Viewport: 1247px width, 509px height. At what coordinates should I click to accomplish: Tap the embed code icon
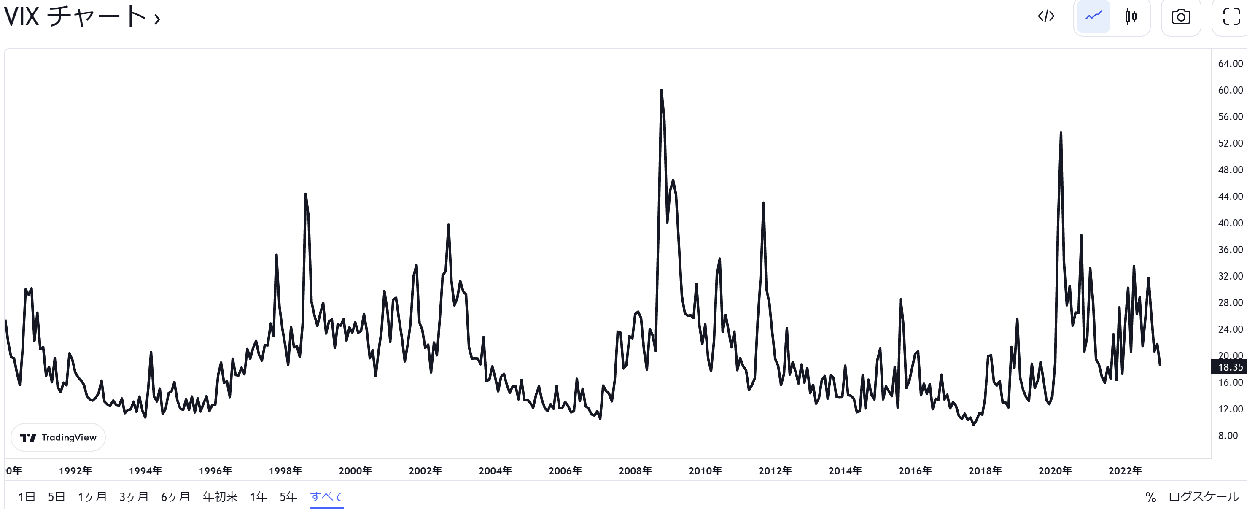tap(1046, 16)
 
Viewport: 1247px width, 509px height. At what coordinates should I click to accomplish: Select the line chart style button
tap(1093, 16)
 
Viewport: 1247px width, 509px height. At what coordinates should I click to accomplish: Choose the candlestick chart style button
tap(1131, 16)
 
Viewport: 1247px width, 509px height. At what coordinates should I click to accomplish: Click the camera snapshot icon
tap(1181, 17)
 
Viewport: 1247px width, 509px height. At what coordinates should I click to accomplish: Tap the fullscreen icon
tap(1231, 17)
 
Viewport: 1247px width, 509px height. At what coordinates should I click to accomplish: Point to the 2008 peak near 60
tap(661, 91)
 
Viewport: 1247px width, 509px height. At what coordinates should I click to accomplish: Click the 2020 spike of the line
tap(1061, 133)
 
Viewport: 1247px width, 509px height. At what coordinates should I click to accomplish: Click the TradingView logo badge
tap(58, 437)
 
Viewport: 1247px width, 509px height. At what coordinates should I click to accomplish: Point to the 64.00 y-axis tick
tap(1230, 63)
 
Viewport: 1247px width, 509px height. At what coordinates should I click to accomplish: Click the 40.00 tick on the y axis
tap(1230, 223)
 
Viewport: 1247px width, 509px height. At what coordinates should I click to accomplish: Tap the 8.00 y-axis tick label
tap(1228, 435)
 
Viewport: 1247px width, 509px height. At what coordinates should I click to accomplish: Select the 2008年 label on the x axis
tap(635, 470)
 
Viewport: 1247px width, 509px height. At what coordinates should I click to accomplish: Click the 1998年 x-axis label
tap(285, 470)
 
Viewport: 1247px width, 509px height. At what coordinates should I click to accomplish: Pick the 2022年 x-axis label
tap(1125, 470)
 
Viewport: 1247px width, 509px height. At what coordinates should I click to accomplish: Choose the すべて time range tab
tap(327, 496)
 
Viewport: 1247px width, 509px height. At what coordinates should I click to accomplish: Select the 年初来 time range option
tap(220, 496)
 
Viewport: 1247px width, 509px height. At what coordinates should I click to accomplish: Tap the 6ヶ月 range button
tap(175, 496)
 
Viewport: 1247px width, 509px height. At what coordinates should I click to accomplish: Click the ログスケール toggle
tap(1204, 496)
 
